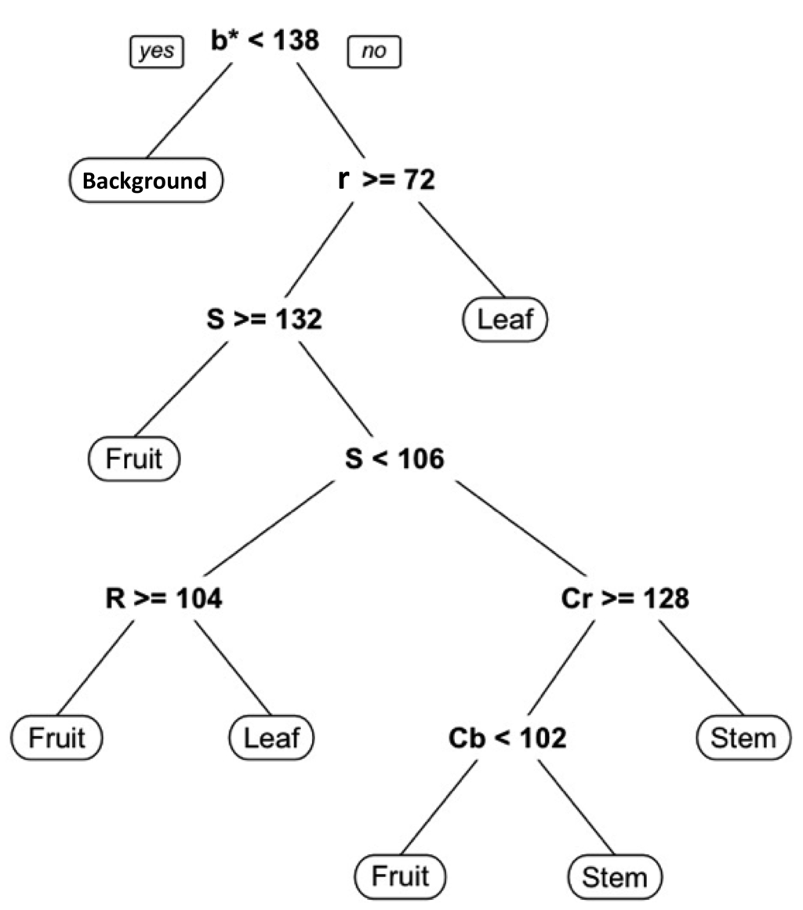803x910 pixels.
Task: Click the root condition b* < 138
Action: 265,41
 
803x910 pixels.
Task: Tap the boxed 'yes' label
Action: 156,53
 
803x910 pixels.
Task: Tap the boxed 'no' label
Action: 374,53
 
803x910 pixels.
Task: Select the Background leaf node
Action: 145,181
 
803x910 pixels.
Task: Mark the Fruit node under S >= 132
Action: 135,458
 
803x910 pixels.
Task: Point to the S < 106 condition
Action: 394,458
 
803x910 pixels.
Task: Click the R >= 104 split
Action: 164,599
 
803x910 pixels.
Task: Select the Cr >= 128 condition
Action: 625,599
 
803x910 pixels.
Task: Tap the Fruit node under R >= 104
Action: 57,738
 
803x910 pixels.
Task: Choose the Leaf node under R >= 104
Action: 271,738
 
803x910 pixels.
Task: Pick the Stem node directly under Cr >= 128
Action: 743,738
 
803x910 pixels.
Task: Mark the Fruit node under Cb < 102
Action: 400,876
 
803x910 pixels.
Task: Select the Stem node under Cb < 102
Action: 615,876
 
